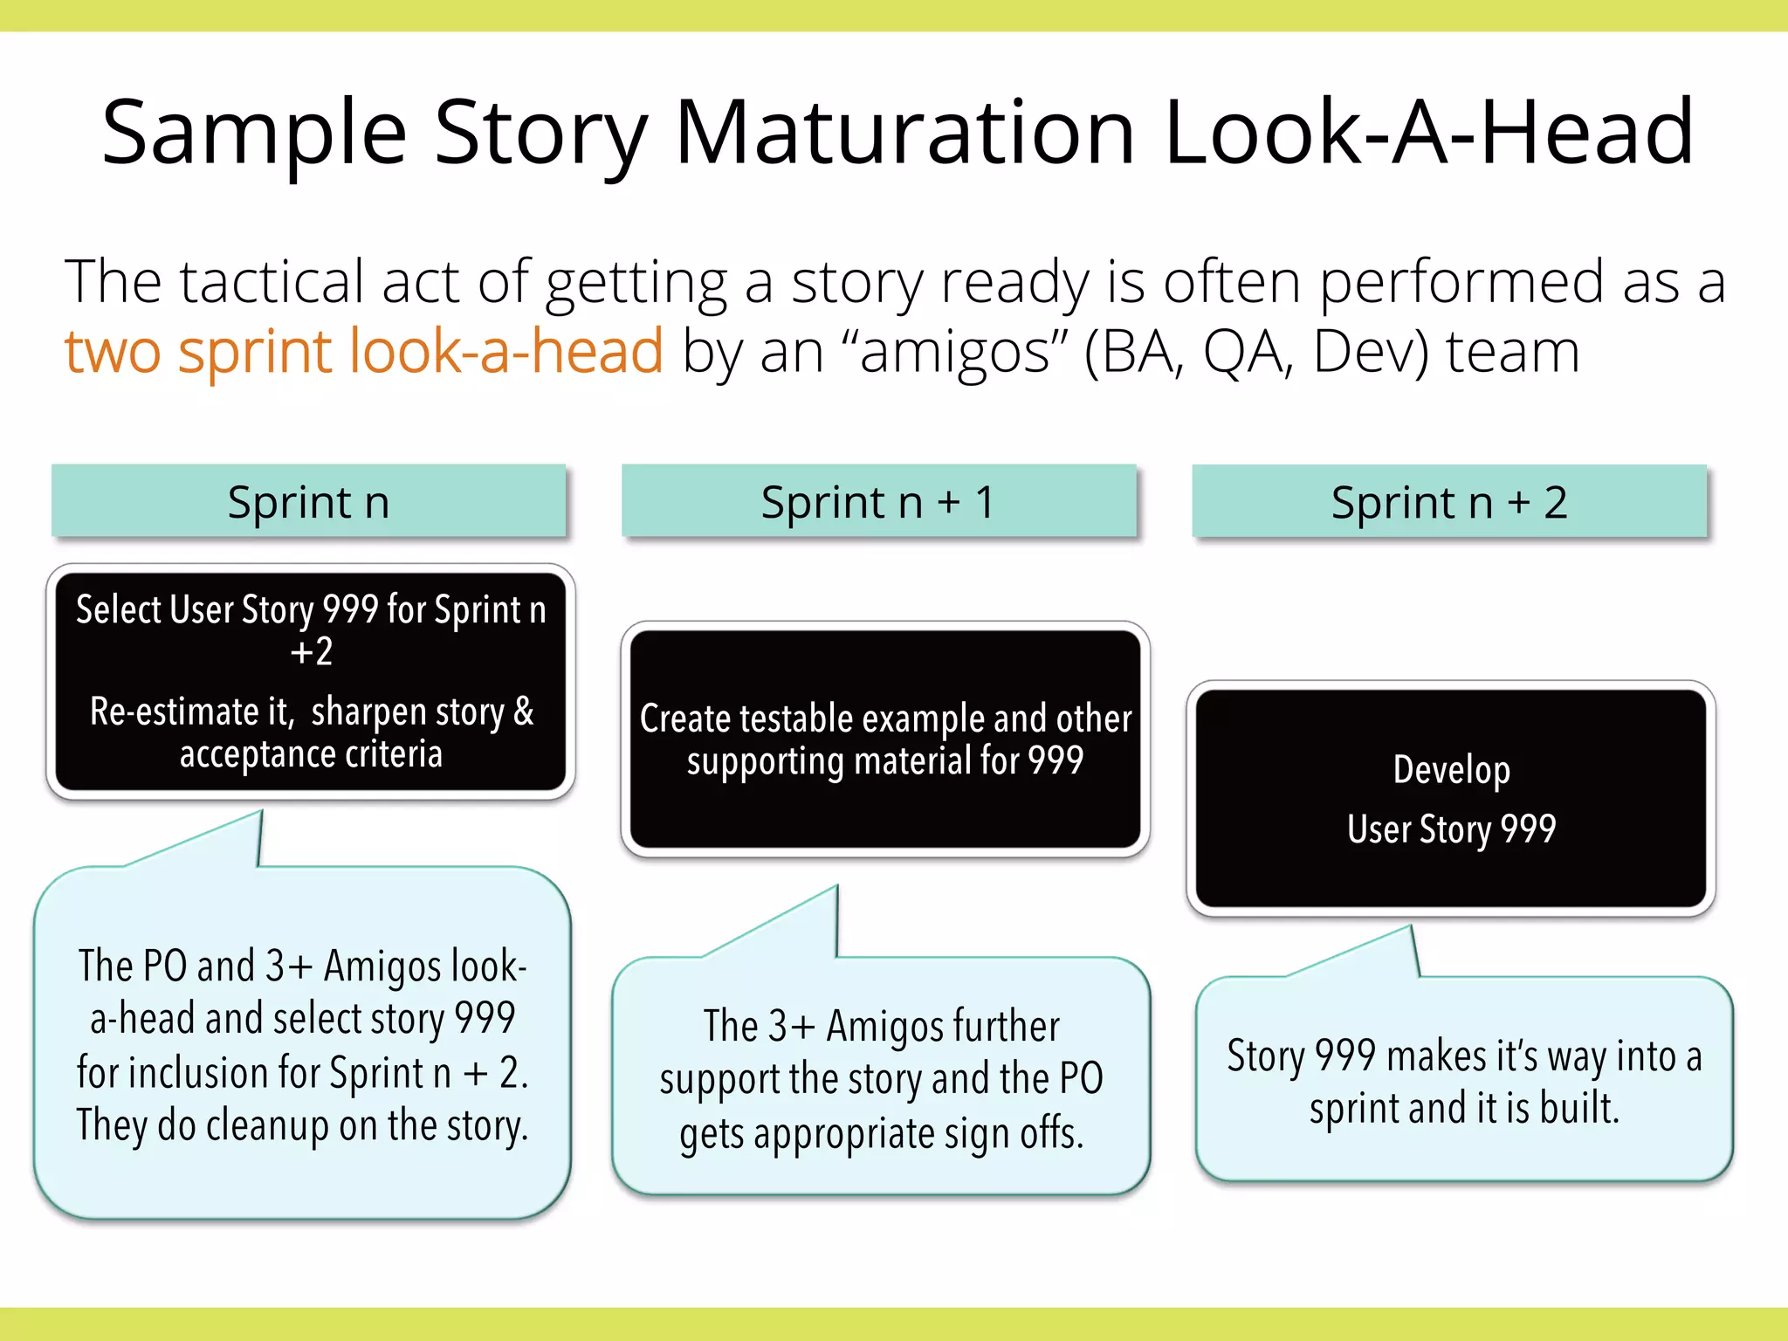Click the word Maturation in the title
904,133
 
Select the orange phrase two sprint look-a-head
363,352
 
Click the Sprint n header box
308,501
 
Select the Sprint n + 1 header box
878,501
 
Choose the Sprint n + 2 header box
1448,501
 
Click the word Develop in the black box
1451,770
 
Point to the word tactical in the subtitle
270,282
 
